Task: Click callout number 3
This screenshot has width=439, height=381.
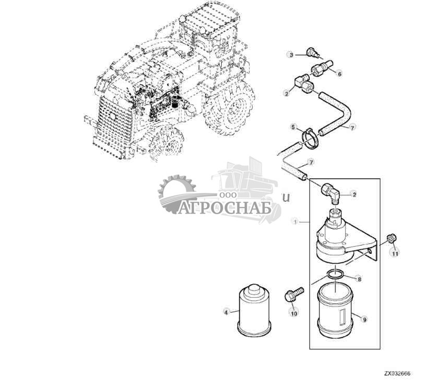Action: click(x=291, y=55)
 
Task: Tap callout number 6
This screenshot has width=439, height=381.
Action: click(x=340, y=74)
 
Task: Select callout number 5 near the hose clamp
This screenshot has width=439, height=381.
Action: click(x=293, y=127)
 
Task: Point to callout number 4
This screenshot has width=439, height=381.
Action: click(x=226, y=312)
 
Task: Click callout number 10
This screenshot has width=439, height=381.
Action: click(x=294, y=313)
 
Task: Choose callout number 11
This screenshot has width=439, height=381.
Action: click(x=395, y=253)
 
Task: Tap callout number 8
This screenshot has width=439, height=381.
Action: click(x=359, y=279)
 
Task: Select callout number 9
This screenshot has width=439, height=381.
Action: click(x=364, y=319)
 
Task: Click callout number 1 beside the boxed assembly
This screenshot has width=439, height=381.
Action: click(x=295, y=222)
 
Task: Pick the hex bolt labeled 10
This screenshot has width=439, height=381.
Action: click(x=294, y=295)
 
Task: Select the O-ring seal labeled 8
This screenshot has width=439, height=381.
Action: click(x=335, y=274)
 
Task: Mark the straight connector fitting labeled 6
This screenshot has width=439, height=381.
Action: click(x=322, y=67)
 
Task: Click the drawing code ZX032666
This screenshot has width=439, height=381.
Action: click(x=397, y=374)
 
